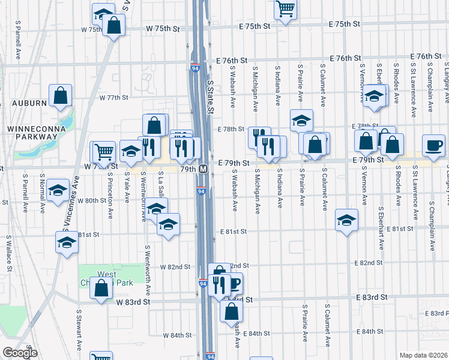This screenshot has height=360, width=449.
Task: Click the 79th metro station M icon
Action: [x=204, y=169]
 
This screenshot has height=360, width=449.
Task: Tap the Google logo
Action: [x=20, y=353]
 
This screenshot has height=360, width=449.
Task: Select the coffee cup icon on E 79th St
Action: [x=433, y=145]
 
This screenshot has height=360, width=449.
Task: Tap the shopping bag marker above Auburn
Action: [x=60, y=95]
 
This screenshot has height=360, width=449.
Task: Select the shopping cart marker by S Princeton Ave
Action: [x=104, y=152]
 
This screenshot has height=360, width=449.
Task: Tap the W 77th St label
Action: [x=114, y=97]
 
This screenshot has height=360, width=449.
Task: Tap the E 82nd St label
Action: [x=369, y=263]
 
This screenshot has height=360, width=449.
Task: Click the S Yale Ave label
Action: [x=127, y=187]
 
